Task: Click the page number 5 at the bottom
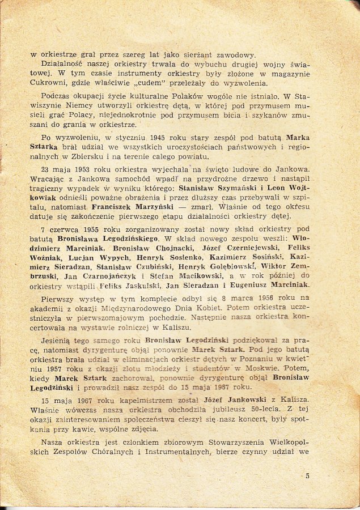coord(307,475)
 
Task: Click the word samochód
coord(130,179)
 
